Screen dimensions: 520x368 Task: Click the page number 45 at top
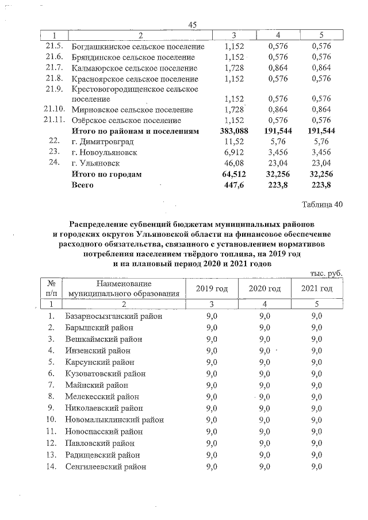click(193, 24)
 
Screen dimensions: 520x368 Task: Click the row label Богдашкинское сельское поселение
click(137, 46)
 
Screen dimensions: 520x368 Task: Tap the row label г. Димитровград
click(102, 142)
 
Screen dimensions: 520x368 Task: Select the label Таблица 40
click(322, 206)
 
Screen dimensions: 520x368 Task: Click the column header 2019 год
click(216, 288)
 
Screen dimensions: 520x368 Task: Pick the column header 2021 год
click(317, 288)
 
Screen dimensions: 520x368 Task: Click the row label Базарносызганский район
click(114, 316)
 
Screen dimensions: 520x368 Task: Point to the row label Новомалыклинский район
click(114, 420)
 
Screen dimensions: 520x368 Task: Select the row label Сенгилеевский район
click(106, 467)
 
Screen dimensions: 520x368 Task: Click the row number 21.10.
click(53, 109)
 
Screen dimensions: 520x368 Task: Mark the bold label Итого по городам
click(106, 174)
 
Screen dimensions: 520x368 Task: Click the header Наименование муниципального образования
click(123, 288)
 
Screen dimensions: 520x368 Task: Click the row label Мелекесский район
click(102, 397)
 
